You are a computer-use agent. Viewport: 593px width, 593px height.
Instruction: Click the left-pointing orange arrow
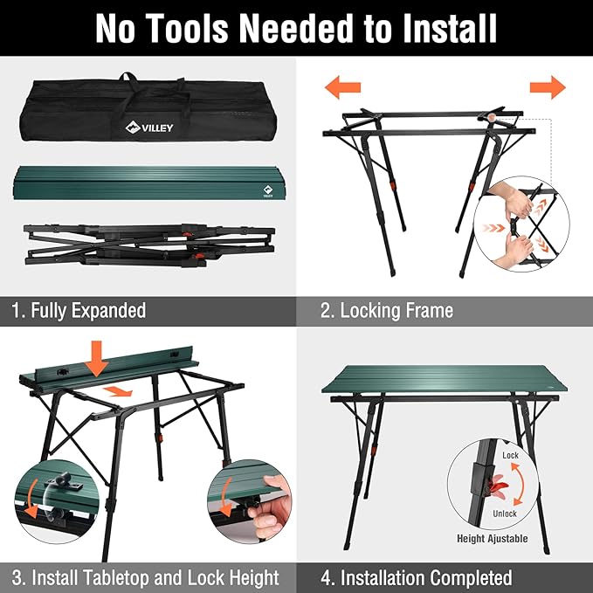[342, 86]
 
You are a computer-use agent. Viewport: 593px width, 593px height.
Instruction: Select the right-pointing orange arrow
[548, 86]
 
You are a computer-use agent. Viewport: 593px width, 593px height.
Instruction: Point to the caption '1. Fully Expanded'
[79, 310]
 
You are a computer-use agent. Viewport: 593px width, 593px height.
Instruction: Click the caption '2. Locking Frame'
[387, 310]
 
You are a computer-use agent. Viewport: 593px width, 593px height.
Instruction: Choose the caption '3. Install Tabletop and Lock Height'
[146, 577]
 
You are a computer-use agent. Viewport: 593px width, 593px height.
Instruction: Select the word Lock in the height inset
[510, 456]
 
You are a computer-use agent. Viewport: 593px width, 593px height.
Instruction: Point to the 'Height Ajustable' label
[493, 539]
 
